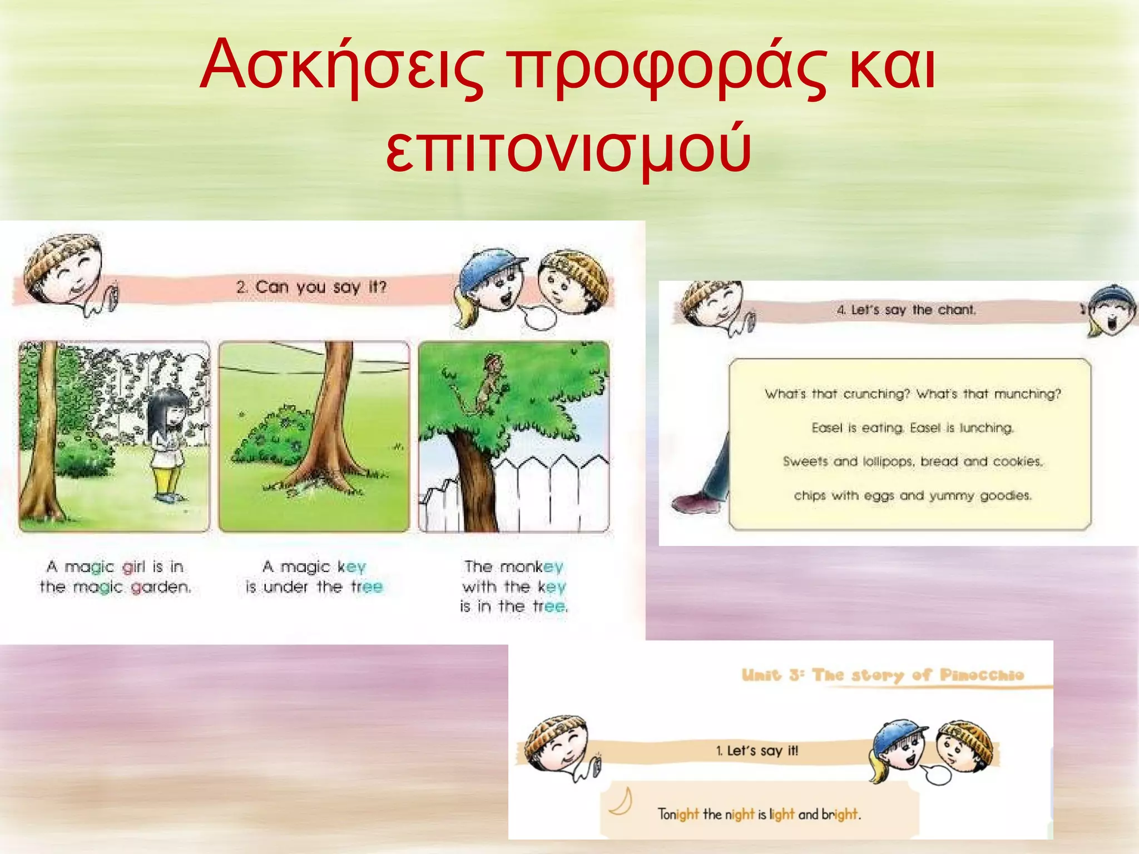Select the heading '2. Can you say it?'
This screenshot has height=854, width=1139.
tap(311, 287)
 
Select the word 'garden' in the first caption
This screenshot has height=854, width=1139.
tap(161, 587)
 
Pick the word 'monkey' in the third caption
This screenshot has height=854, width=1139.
tap(532, 567)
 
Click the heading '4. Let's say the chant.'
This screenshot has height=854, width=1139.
tap(907, 310)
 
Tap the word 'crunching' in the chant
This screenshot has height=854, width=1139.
tap(876, 394)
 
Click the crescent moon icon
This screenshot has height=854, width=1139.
tap(621, 801)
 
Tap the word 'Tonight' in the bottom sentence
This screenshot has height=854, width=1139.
tap(678, 815)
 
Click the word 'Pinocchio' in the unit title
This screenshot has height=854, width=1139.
tap(982, 675)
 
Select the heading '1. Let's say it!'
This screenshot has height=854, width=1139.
tap(757, 751)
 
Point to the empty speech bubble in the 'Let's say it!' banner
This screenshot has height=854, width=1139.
tap(938, 774)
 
